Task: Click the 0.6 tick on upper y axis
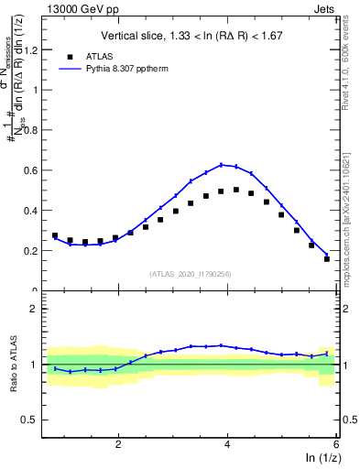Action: [x=36, y=170]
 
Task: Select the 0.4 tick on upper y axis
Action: [x=36, y=211]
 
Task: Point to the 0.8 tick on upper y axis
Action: [x=36, y=130]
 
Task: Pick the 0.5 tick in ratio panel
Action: [x=34, y=420]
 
